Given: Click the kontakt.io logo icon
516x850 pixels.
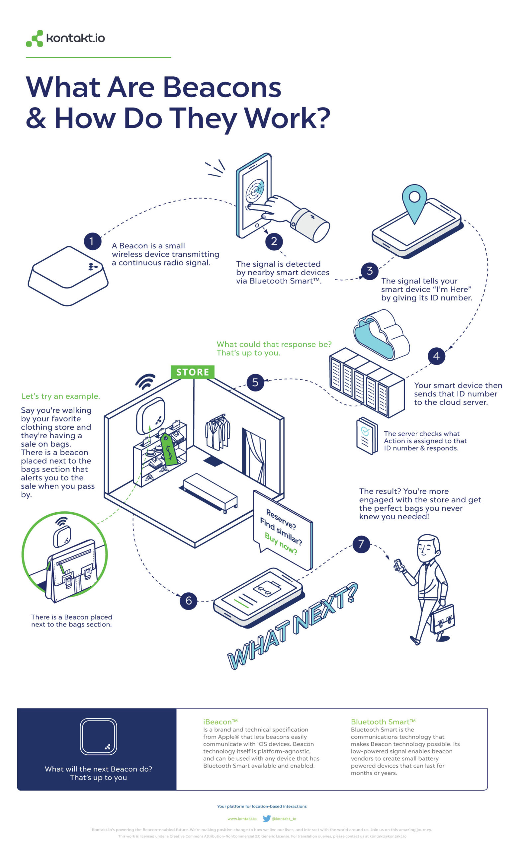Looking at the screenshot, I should point(35,38).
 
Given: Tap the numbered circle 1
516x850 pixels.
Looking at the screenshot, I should point(92,241).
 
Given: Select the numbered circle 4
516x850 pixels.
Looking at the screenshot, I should point(436,356).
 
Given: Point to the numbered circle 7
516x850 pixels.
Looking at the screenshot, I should point(361,544).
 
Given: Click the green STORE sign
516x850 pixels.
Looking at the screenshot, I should point(192,372).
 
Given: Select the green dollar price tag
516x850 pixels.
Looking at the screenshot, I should point(169,449).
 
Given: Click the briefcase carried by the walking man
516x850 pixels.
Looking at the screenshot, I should point(443,619).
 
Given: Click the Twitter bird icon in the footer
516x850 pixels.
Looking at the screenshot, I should point(266,818).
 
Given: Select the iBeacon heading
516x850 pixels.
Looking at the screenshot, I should point(220,722).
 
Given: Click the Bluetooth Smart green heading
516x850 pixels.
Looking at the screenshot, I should point(383,722).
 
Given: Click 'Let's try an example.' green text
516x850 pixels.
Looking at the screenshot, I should point(61,396).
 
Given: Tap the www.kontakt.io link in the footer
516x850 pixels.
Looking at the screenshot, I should point(242,818).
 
